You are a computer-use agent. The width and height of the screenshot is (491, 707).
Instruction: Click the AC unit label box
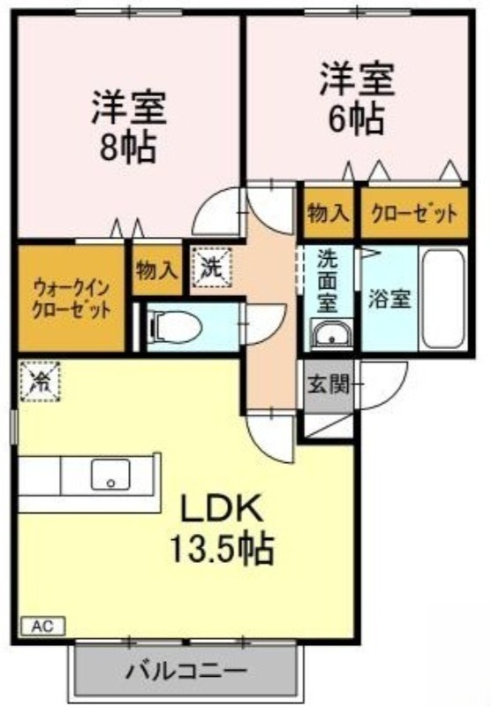(43, 626)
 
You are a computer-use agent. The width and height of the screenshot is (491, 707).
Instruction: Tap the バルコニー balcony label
(186, 672)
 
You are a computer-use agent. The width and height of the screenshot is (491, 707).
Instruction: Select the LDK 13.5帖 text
(221, 528)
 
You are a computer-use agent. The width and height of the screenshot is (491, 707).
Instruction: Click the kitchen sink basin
(110, 475)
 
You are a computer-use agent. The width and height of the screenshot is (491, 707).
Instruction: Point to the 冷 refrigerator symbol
(40, 381)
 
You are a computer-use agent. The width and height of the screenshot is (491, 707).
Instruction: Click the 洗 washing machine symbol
(211, 267)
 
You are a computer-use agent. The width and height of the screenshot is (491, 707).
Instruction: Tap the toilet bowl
(176, 327)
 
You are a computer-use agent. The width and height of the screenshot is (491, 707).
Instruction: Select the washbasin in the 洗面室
(332, 334)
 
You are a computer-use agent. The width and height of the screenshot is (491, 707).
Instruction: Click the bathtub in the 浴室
(443, 298)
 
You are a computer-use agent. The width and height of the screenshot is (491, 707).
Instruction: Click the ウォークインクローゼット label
(72, 298)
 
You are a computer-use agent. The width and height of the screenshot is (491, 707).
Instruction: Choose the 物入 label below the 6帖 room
(329, 213)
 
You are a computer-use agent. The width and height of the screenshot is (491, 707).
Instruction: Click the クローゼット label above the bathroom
(414, 213)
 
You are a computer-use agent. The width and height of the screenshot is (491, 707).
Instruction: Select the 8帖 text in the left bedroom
(128, 148)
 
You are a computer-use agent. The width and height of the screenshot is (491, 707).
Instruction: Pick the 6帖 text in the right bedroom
(356, 119)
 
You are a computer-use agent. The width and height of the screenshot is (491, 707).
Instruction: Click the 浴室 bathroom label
(389, 298)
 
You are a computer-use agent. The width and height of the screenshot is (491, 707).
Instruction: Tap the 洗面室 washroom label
(328, 280)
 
